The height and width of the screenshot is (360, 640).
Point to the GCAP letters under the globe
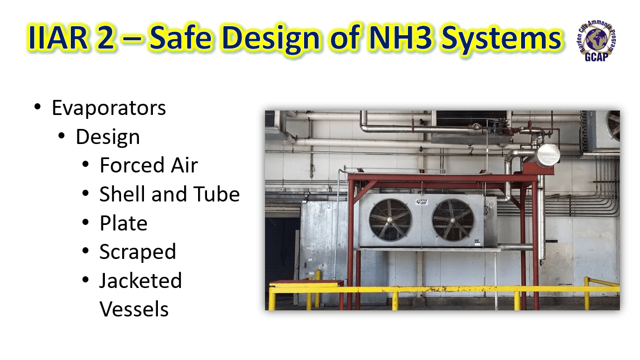pos(596,59)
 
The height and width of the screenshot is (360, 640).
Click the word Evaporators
pos(109,108)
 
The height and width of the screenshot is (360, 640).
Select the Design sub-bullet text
pos(108,137)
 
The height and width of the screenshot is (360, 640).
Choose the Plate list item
pos(123,223)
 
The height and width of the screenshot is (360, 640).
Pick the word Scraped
pos(137,252)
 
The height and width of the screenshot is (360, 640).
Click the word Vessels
pos(134,309)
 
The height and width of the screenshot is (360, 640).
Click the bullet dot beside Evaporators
pos(37,107)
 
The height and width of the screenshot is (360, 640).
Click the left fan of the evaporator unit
pos(390,220)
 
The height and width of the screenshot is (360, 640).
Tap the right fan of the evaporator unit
pos(453,220)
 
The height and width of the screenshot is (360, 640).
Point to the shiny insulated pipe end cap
pos(548,154)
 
